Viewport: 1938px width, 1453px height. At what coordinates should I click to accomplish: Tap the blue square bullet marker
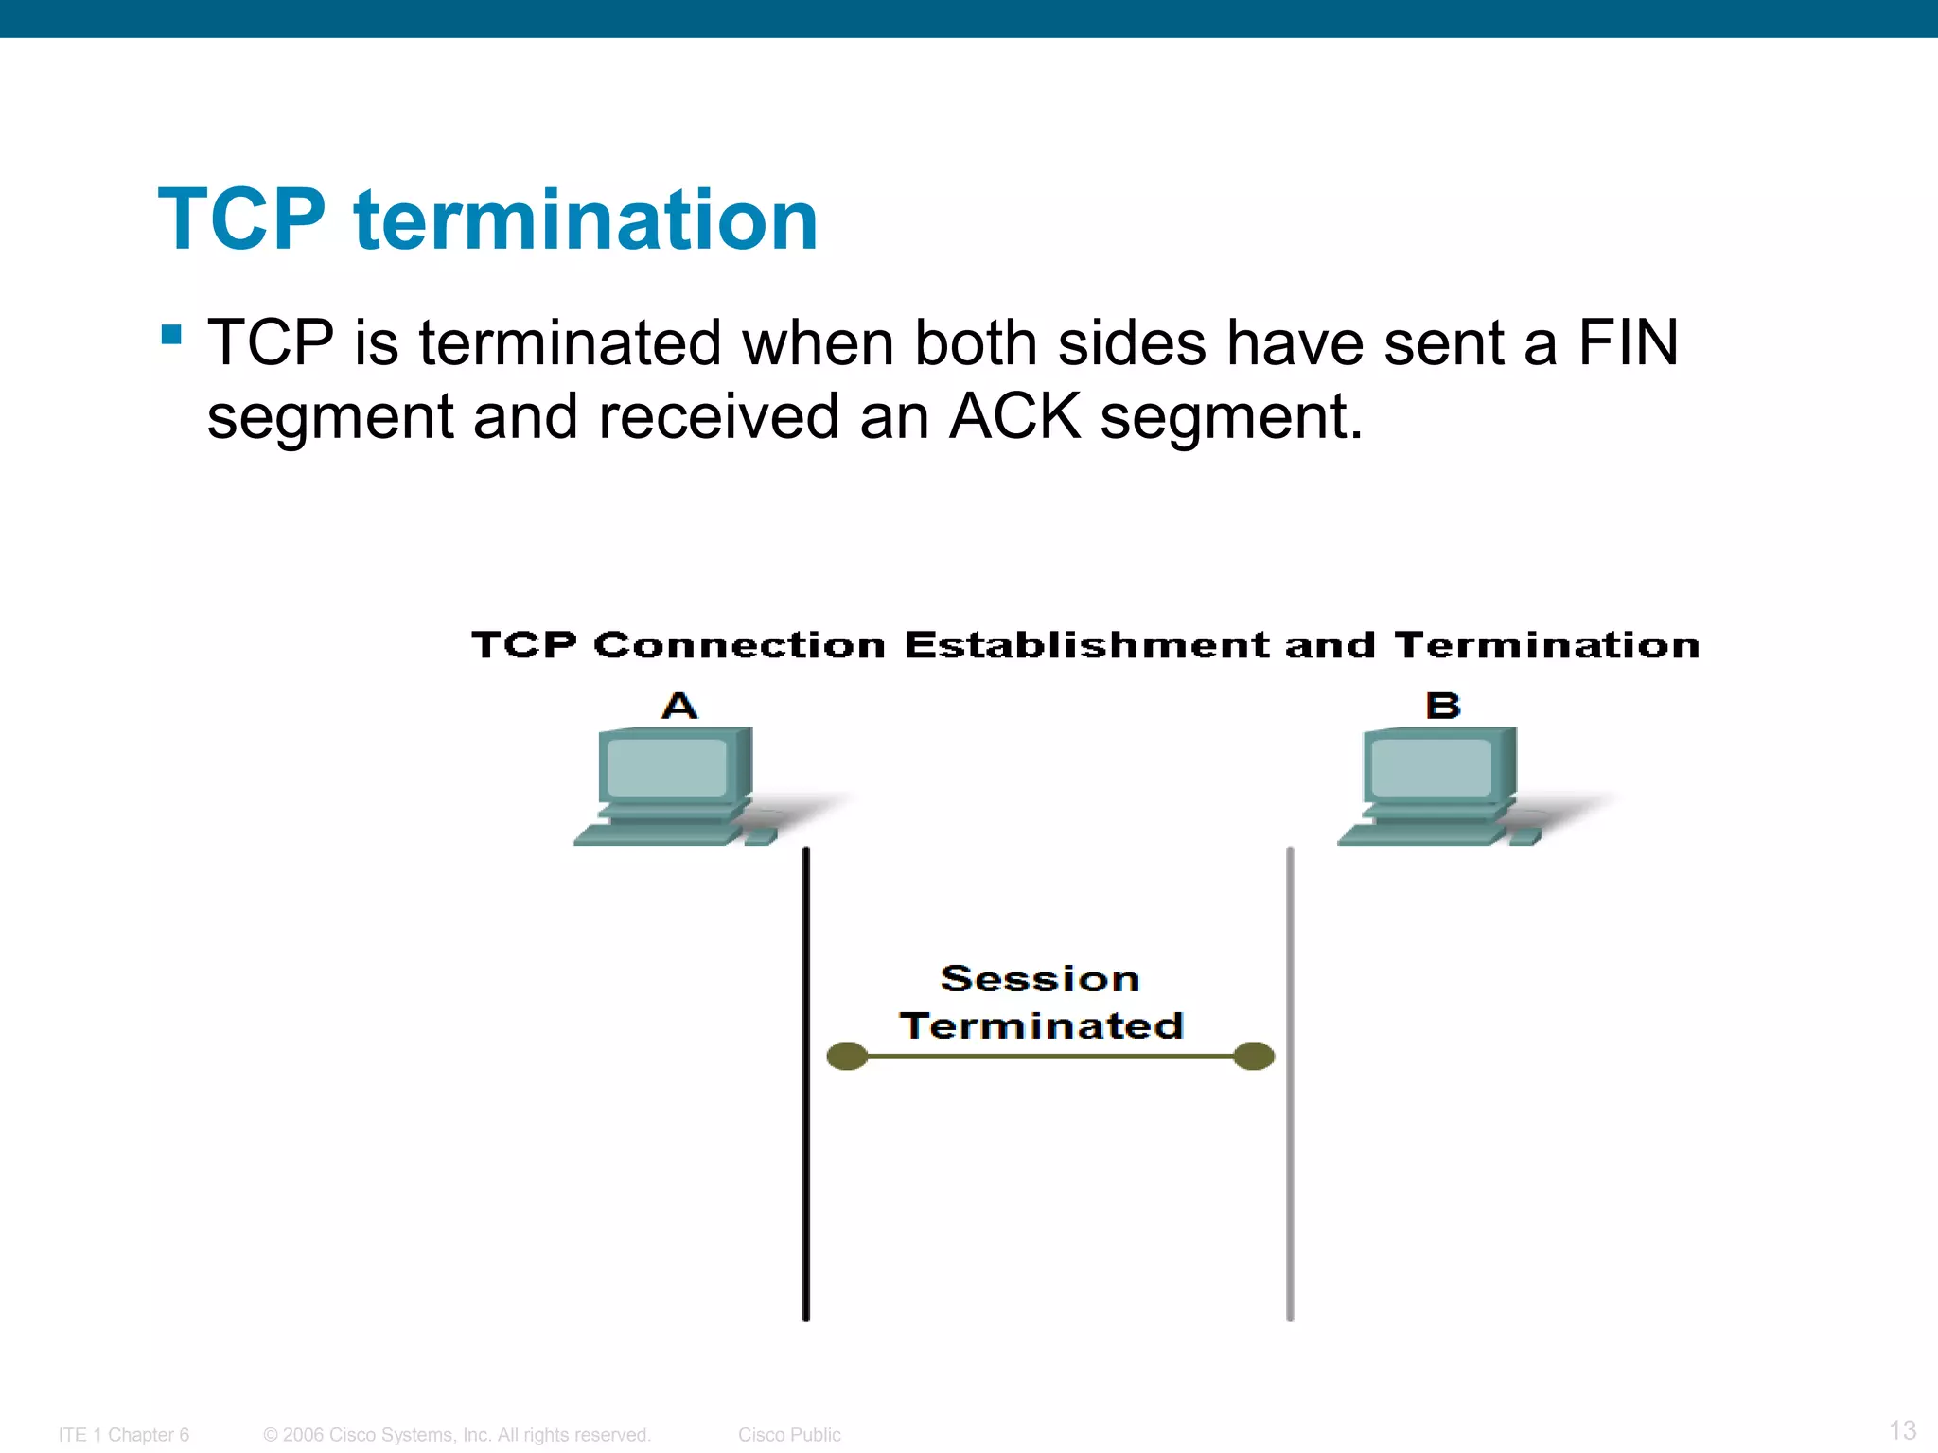171,335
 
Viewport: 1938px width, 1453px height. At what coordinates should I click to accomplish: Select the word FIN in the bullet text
1628,342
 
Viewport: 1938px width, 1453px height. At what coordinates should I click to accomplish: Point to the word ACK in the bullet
1014,416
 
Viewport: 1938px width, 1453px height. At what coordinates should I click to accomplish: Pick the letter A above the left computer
678,706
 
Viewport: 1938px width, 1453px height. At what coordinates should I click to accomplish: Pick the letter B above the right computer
1442,706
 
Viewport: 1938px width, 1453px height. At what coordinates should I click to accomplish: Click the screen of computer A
667,767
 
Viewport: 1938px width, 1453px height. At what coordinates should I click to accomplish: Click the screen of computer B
1431,767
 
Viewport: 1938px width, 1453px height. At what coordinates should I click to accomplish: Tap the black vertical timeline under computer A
806,1182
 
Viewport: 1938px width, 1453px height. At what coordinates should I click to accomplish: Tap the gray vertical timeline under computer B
1290,1182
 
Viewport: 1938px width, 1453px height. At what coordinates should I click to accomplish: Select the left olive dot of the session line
847,1057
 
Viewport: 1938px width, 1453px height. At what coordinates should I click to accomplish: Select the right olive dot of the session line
1254,1057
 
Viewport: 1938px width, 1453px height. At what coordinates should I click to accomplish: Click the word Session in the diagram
1040,979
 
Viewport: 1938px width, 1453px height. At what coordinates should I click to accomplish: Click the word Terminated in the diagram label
1041,1026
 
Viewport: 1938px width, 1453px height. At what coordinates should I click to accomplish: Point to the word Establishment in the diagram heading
1086,646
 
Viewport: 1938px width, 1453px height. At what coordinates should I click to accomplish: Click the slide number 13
1902,1430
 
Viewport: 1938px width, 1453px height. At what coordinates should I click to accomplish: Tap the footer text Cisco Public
789,1435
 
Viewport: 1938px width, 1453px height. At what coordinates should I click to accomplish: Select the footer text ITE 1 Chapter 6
124,1435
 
